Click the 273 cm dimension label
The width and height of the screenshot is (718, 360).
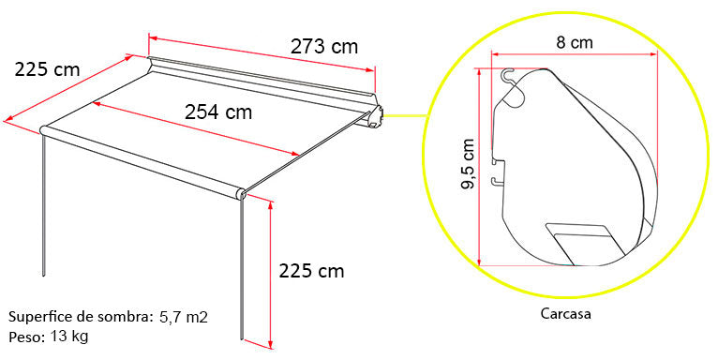(x=323, y=45)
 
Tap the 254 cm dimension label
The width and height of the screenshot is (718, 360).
(x=217, y=112)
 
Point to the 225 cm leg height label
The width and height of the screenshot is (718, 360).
(x=311, y=271)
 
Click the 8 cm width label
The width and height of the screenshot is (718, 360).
(x=575, y=42)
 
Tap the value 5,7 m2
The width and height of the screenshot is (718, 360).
(x=183, y=317)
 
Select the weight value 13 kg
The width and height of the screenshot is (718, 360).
(x=69, y=336)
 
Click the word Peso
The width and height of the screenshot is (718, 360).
(x=24, y=336)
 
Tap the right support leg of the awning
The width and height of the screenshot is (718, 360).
(x=243, y=272)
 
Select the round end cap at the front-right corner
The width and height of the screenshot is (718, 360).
(x=241, y=195)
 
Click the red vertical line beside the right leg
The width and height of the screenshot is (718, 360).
(x=270, y=272)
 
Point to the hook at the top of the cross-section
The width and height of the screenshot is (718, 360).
(x=509, y=75)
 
